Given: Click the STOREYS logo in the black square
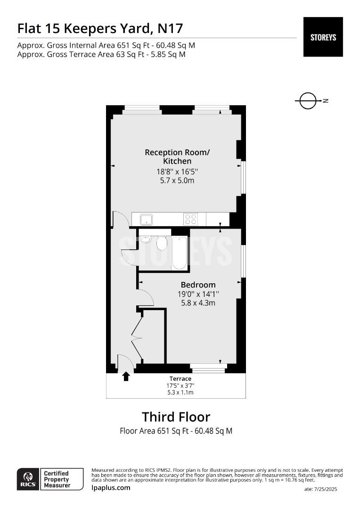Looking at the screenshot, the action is (323, 37).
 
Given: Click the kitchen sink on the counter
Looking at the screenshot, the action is (147, 219).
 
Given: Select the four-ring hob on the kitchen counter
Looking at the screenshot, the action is (190, 219).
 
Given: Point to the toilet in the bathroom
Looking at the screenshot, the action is (162, 243).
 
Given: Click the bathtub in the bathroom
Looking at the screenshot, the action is (180, 253).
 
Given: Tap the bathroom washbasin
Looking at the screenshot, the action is (146, 239).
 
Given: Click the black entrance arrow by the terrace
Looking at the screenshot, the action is (126, 376).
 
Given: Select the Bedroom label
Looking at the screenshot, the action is (198, 285).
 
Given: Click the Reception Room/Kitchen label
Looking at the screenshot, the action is (177, 156).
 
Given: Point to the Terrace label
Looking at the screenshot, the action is (180, 378).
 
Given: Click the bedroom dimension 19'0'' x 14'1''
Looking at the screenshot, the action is (198, 294).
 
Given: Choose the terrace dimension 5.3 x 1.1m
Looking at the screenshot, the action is (180, 393).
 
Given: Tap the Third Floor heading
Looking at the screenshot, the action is (176, 417).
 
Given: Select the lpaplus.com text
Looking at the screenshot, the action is (111, 488).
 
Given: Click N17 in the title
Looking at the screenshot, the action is (171, 29).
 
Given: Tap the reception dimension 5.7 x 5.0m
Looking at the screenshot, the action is (177, 181).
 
